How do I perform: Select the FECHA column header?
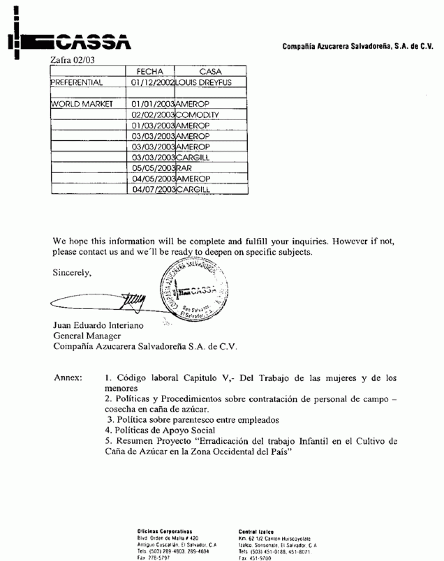pos(150,72)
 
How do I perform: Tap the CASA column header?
pos(210,72)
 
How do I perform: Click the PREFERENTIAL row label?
pos(76,83)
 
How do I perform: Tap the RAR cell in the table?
pos(183,168)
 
